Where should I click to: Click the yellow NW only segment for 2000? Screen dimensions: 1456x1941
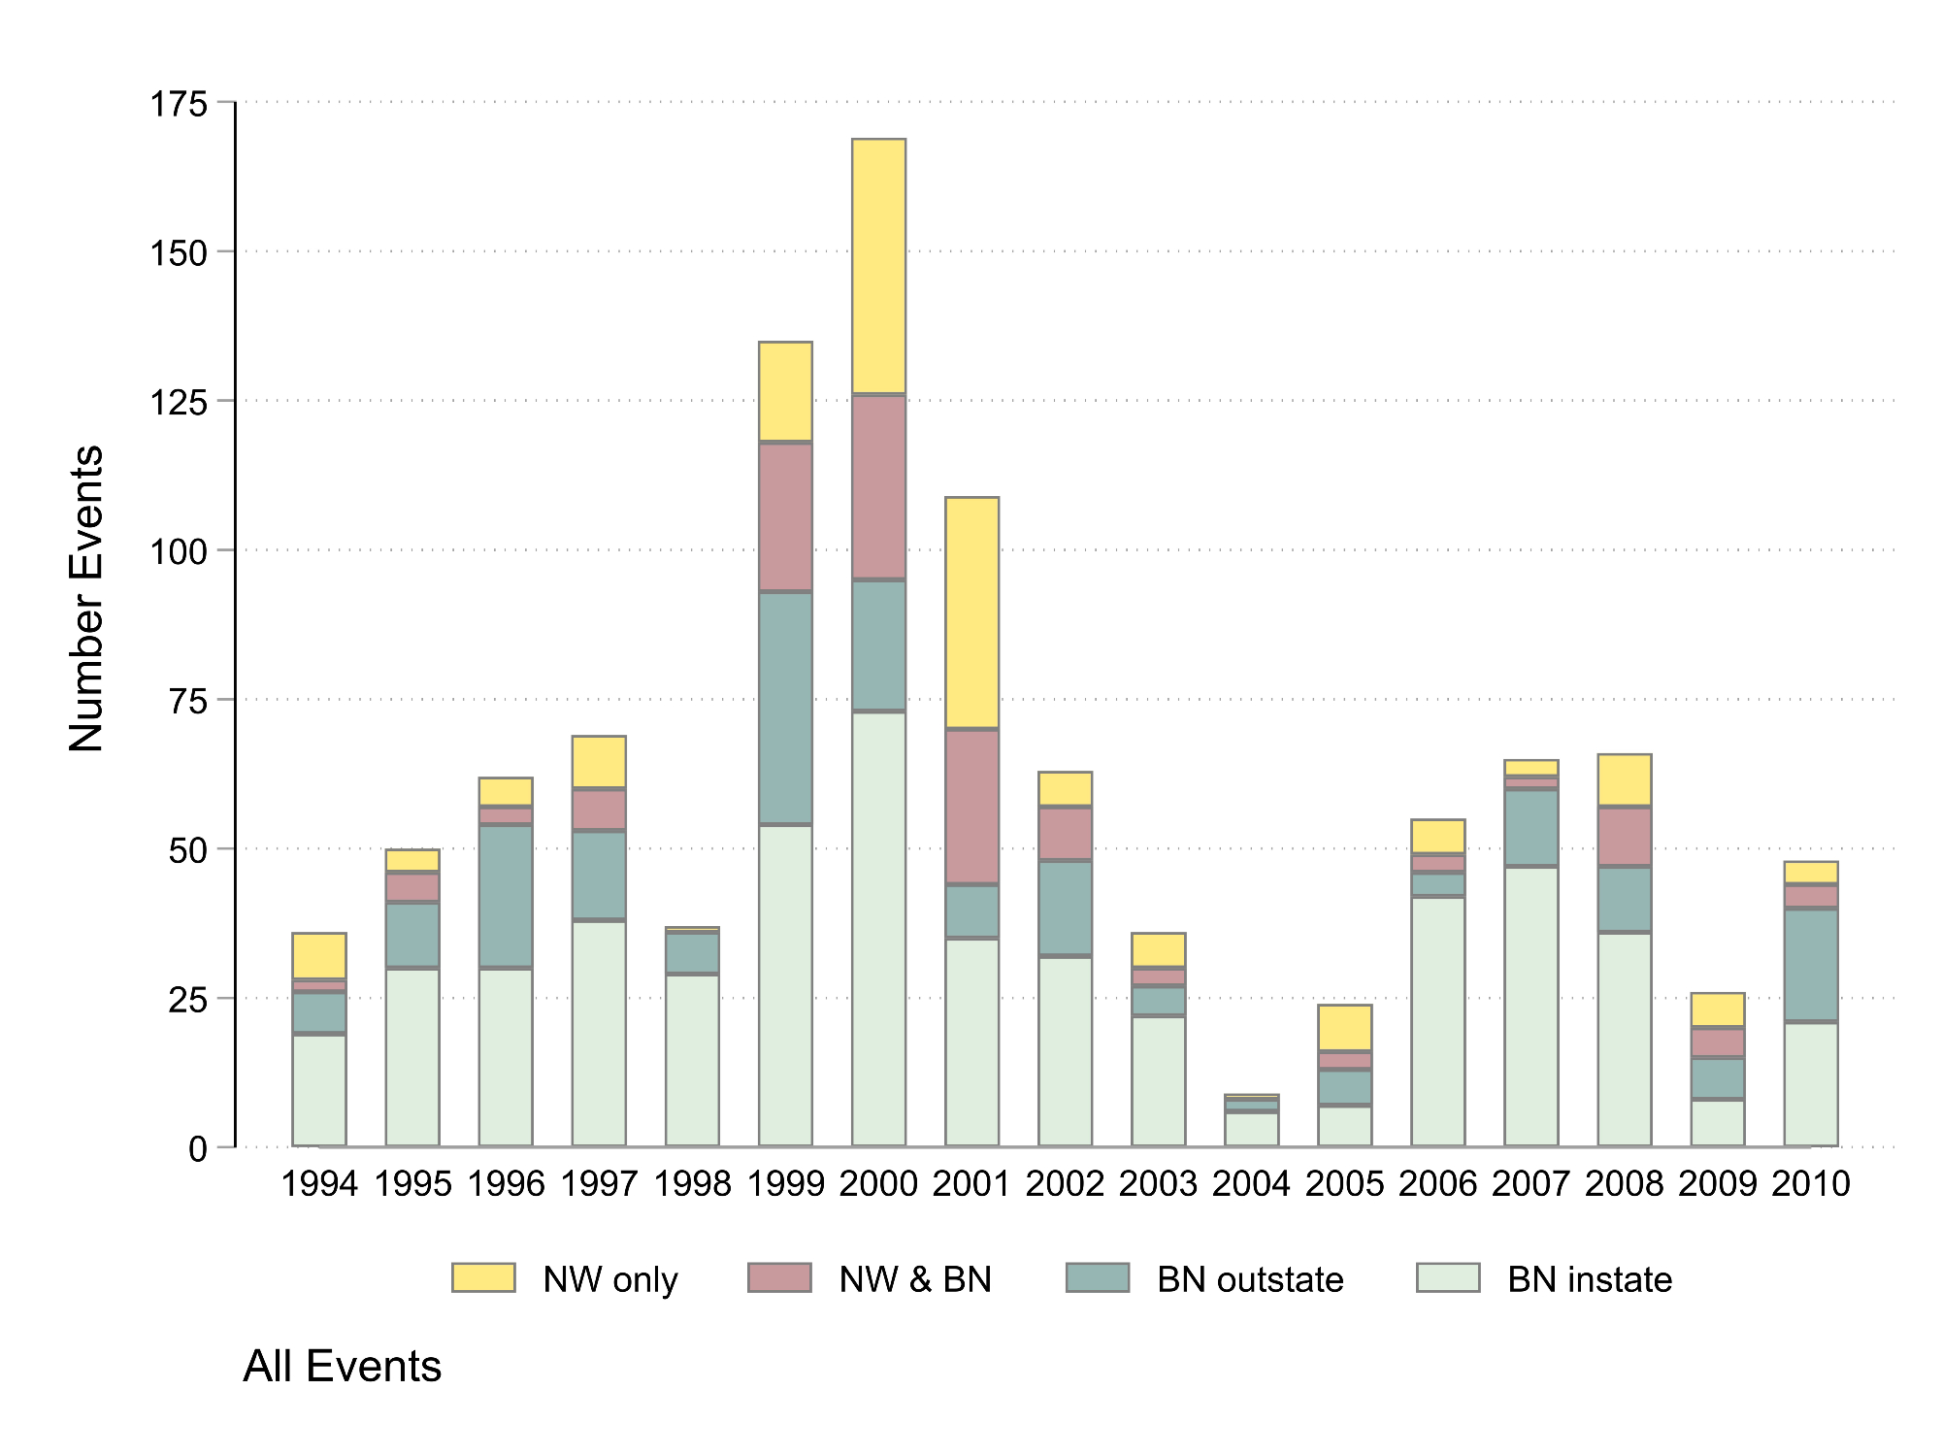[878, 266]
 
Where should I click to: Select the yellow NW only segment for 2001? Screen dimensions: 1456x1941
[971, 612]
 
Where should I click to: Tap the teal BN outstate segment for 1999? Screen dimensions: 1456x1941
[785, 708]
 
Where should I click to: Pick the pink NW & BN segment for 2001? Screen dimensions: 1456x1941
[971, 806]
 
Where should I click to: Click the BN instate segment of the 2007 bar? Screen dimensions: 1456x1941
[1530, 1006]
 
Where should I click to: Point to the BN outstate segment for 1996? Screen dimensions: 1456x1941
[506, 896]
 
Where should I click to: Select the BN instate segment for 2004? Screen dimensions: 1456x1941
[1251, 1129]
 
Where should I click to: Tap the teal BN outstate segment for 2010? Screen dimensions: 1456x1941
[1810, 965]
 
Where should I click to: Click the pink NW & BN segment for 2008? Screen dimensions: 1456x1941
[1624, 837]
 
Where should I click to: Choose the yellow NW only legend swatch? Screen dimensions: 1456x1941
[483, 1277]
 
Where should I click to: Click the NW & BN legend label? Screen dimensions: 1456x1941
[915, 1279]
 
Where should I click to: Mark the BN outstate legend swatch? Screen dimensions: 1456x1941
[1097, 1277]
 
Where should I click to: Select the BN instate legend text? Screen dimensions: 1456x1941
[1589, 1279]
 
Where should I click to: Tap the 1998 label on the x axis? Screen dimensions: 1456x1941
[692, 1183]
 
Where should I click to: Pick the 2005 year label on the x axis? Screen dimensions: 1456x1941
[1344, 1183]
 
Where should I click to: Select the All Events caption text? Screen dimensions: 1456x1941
[342, 1367]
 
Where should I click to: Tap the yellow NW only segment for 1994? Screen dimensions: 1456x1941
[319, 956]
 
